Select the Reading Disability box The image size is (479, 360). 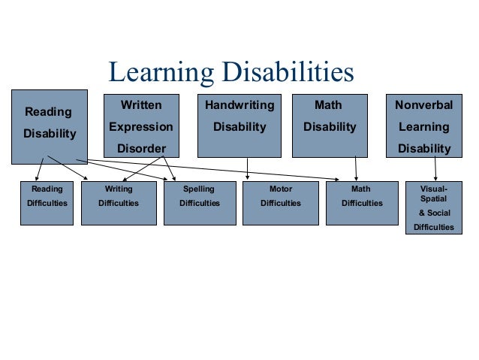click(x=50, y=126)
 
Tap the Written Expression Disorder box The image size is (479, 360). click(x=141, y=125)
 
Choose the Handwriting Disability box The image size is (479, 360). click(x=239, y=125)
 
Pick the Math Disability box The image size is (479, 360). click(x=329, y=125)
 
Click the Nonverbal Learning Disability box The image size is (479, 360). click(x=424, y=125)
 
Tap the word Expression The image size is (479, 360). click(x=141, y=127)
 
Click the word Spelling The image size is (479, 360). click(x=199, y=189)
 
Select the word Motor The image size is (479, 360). click(x=280, y=189)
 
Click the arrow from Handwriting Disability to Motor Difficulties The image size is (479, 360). click(x=248, y=169)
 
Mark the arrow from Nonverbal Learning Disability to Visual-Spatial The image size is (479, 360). click(x=435, y=169)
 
